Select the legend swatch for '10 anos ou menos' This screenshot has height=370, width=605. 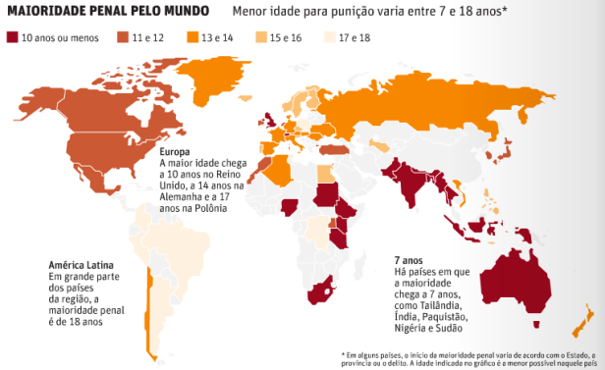click(14, 37)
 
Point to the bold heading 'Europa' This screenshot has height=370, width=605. click(178, 153)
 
